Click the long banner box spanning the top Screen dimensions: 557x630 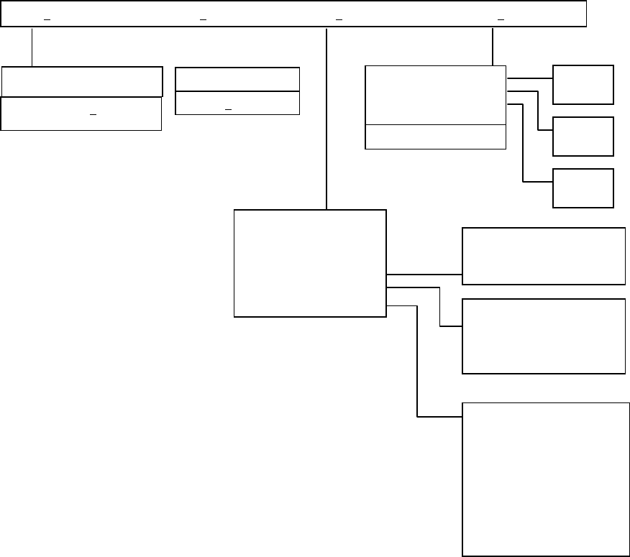point(293,9)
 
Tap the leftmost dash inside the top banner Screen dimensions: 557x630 point(47,19)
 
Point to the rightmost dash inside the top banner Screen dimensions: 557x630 point(501,19)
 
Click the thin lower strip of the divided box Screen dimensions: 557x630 point(436,137)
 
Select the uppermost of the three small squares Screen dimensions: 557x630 point(583,85)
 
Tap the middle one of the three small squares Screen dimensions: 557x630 point(583,137)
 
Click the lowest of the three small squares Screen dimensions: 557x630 point(583,188)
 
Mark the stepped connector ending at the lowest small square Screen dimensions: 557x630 point(524,144)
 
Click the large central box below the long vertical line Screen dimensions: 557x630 point(310,263)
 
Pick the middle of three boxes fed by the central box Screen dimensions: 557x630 point(543,336)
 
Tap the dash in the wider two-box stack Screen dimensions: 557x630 point(91,114)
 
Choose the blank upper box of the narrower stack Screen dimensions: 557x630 point(237,80)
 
